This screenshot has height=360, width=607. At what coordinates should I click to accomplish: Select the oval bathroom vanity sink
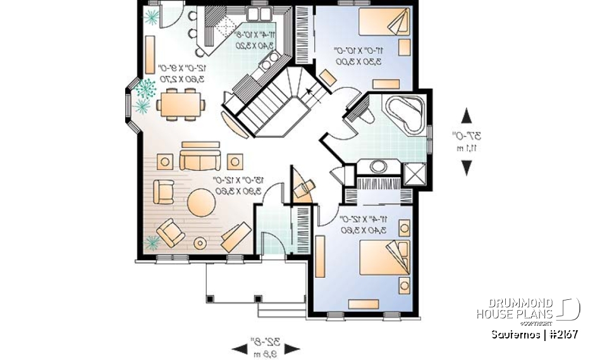(x=378, y=166)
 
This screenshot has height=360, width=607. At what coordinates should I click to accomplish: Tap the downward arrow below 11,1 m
(x=467, y=167)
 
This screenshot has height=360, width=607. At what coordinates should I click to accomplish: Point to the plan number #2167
(x=562, y=334)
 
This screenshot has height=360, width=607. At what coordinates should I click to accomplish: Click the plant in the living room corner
(x=152, y=241)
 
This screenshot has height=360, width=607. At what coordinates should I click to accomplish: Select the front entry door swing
(x=271, y=242)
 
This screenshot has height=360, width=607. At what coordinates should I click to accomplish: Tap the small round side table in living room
(x=200, y=242)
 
